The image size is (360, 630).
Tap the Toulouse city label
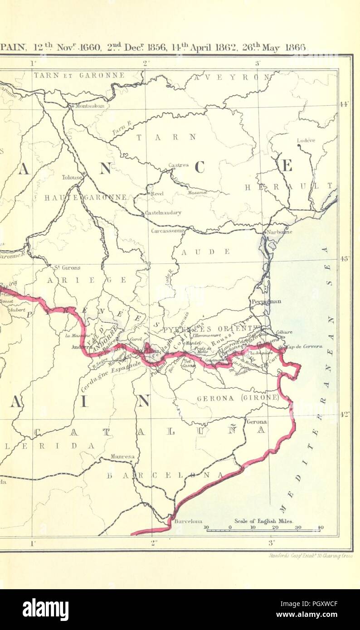72,177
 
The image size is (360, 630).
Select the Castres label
178,165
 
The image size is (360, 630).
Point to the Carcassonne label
168,231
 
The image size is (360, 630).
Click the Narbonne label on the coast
280,232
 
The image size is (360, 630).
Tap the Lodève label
306,141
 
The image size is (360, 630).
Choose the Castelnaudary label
163,213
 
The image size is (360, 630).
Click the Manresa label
122,457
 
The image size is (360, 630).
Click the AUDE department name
212,252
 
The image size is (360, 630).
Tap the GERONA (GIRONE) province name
238,398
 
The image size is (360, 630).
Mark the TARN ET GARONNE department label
79,75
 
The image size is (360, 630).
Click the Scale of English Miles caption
263,521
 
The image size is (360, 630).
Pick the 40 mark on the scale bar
320,527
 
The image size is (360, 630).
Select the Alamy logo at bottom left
45,609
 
